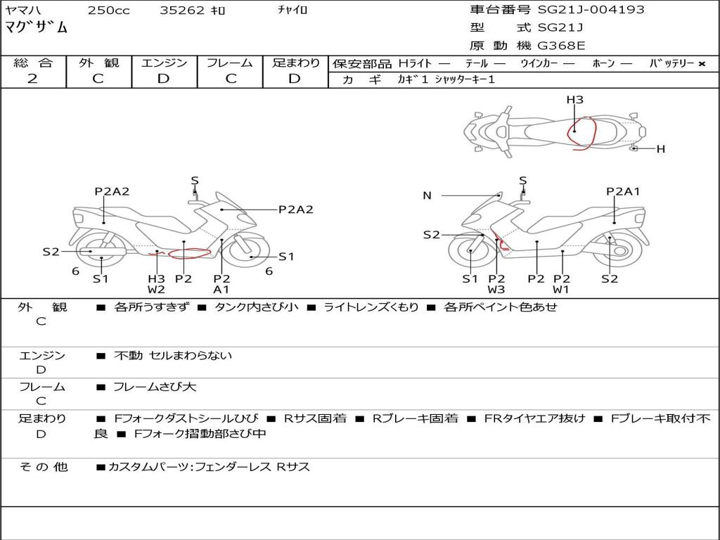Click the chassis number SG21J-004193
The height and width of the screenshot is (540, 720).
(591, 9)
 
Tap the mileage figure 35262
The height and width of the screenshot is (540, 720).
(181, 10)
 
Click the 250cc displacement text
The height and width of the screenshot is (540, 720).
(109, 10)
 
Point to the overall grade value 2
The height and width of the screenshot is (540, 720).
(32, 79)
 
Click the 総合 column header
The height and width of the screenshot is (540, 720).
(33, 63)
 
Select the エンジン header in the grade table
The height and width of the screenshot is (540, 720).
(164, 63)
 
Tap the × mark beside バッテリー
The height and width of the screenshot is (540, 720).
(702, 64)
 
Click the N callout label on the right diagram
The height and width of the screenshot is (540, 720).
(427, 195)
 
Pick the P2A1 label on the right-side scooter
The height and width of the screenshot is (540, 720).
(623, 191)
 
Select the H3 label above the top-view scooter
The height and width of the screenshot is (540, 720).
(574, 100)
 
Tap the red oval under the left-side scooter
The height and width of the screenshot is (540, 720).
(189, 252)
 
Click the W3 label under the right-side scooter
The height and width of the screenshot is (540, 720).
(496, 290)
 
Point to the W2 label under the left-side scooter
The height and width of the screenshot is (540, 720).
(156, 290)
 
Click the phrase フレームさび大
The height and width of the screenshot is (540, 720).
(155, 387)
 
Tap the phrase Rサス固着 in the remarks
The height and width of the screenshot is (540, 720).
(316, 418)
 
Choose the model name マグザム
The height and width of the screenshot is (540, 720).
(36, 27)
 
